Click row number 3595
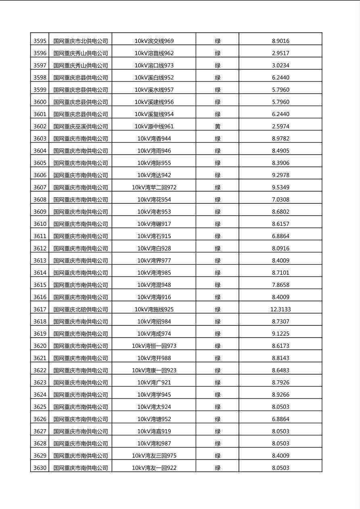point(40,41)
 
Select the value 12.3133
point(280,309)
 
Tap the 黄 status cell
point(218,126)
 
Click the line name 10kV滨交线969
point(154,41)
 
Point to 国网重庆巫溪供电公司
point(81,126)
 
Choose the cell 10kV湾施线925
point(154,309)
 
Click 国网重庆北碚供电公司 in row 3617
point(81,309)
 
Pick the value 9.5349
point(280,187)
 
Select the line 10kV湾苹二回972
point(154,187)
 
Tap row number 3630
point(40,468)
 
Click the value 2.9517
point(280,53)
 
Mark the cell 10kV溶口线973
point(154,65)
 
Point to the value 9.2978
point(280,175)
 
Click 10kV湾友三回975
point(154,456)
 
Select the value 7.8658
point(280,285)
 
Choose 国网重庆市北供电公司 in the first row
point(81,41)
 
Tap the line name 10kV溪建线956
point(154,102)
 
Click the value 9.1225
point(280,334)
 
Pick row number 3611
point(40,236)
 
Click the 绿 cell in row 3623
point(218,382)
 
